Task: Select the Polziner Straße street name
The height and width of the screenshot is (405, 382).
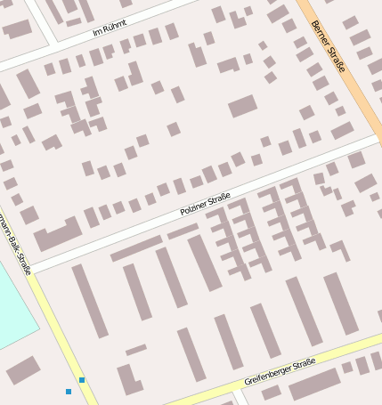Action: pyautogui.click(x=205, y=204)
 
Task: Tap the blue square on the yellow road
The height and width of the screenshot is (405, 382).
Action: pyautogui.click(x=82, y=380)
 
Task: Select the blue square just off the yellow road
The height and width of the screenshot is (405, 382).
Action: pyautogui.click(x=69, y=392)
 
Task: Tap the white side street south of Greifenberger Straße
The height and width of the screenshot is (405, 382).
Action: pyautogui.click(x=239, y=397)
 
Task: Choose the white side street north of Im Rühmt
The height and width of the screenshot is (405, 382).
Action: pyautogui.click(x=40, y=20)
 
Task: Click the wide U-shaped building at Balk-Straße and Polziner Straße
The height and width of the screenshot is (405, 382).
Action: pyautogui.click(x=57, y=235)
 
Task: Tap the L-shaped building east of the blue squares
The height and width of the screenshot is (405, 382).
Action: pyautogui.click(x=128, y=379)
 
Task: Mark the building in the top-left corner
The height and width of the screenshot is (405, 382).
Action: pyautogui.click(x=16, y=28)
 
